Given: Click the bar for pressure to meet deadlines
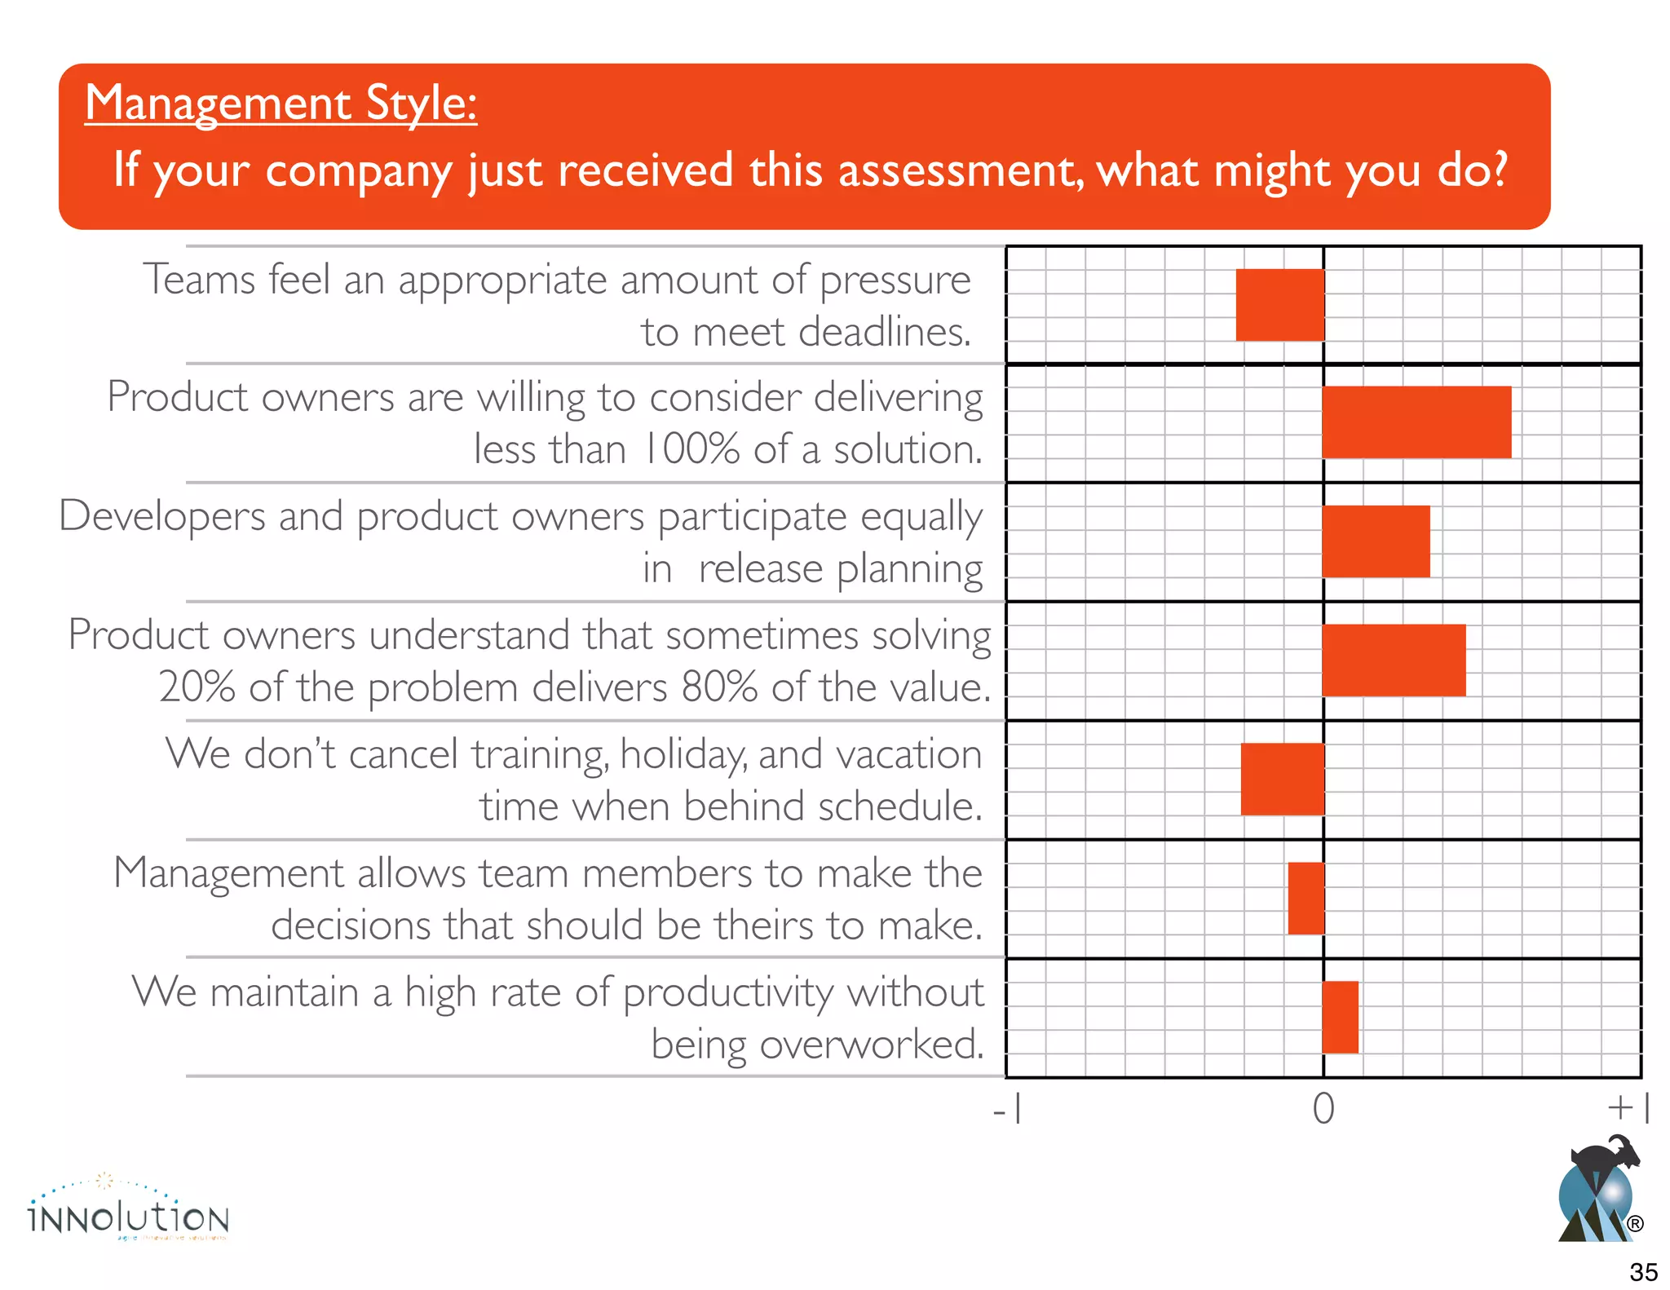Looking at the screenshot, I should tap(1279, 305).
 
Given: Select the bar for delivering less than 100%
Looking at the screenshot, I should tap(1416, 422).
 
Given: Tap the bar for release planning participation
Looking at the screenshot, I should tap(1376, 541).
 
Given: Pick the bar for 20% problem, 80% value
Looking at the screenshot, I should tap(1394, 660).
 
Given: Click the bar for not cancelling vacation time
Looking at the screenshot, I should tap(1282, 779).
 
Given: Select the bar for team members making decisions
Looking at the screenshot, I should tap(1306, 898).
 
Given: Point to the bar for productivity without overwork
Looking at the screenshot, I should tap(1340, 1017).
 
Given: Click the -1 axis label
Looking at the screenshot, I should tap(1008, 1109).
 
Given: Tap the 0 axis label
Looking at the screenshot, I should tap(1323, 1109).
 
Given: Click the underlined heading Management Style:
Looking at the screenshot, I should tap(281, 104).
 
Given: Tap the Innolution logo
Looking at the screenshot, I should tap(128, 1211).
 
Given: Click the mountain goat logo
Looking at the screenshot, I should tap(1597, 1191).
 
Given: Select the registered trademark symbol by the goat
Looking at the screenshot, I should tap(1634, 1224).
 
